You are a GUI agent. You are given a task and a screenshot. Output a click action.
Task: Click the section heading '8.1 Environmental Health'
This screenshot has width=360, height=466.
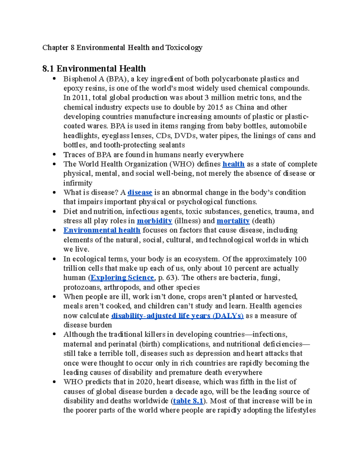pyautogui.click(x=94, y=69)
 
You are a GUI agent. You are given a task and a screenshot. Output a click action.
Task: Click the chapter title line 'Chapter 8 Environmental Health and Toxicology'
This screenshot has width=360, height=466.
pyautogui.click(x=122, y=47)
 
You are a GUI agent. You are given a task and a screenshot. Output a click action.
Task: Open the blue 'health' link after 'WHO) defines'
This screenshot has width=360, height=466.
pyautogui.click(x=233, y=164)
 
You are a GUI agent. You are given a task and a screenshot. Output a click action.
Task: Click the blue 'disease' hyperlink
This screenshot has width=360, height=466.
pyautogui.click(x=140, y=192)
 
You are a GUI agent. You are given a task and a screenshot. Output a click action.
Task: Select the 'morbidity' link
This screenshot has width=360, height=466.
pyautogui.click(x=154, y=221)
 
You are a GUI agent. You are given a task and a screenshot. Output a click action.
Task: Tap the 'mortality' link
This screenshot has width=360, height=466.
pyautogui.click(x=233, y=221)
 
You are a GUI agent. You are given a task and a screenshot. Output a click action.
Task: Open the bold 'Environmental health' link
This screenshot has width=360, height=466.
pyautogui.click(x=102, y=230)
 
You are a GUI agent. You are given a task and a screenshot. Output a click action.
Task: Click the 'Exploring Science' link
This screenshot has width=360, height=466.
pyautogui.click(x=122, y=278)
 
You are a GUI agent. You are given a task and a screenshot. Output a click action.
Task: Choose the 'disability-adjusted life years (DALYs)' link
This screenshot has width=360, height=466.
pyautogui.click(x=177, y=316)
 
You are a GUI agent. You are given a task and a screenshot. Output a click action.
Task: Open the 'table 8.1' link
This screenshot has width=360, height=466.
pyautogui.click(x=188, y=401)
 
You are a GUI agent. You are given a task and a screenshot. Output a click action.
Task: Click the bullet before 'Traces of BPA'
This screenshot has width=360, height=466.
pyautogui.click(x=54, y=155)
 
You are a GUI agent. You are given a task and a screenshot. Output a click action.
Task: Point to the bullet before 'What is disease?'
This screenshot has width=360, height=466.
pyautogui.click(x=54, y=192)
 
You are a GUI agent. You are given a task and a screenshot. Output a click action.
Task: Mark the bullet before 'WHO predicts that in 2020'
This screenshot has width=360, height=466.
pyautogui.click(x=54, y=382)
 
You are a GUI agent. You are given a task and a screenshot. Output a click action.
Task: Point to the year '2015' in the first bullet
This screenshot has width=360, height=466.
pyautogui.click(x=215, y=107)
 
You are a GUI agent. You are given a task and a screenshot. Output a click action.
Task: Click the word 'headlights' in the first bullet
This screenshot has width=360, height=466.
pyautogui.click(x=81, y=136)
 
